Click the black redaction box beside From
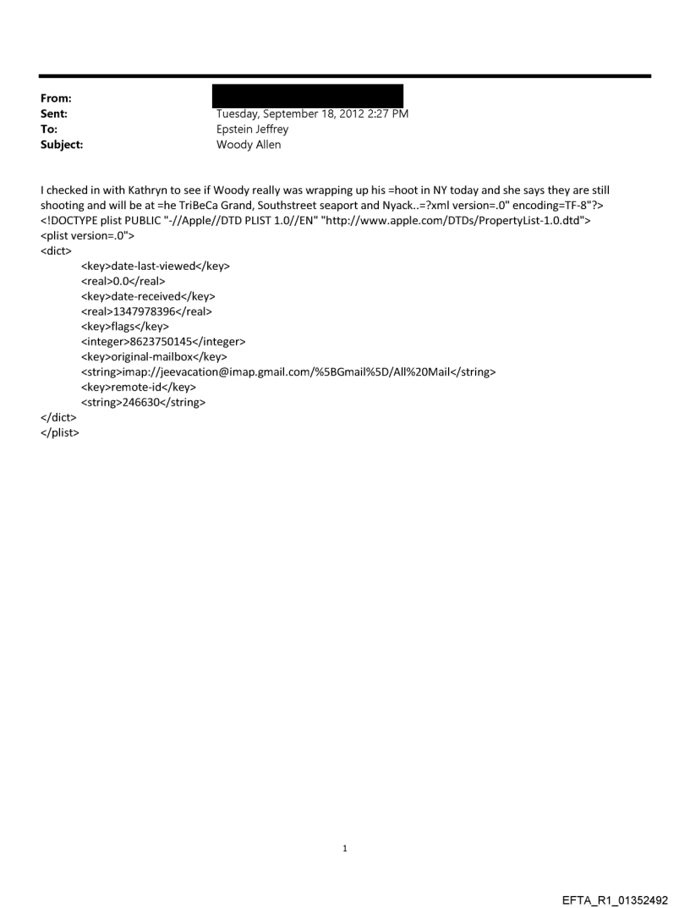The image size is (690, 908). click(307, 95)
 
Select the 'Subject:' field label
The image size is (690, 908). click(63, 145)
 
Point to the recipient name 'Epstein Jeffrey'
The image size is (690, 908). click(253, 129)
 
